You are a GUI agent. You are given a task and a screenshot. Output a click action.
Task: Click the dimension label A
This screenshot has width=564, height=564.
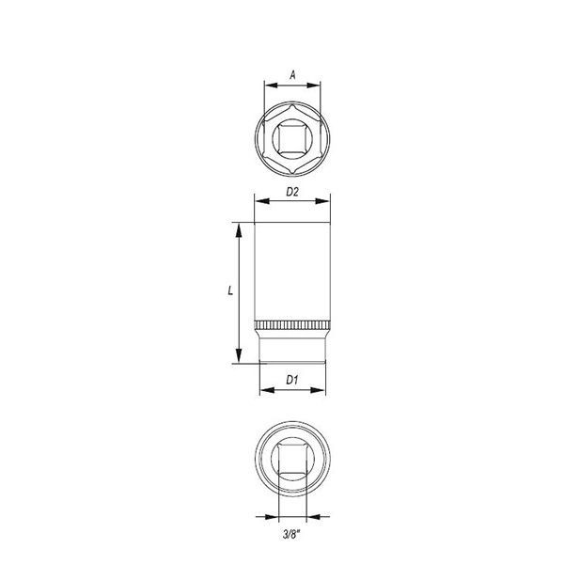[x=292, y=75]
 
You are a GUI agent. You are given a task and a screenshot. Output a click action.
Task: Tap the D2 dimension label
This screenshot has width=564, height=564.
[x=292, y=192]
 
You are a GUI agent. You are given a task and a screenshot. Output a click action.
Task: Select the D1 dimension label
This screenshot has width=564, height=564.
[x=292, y=380]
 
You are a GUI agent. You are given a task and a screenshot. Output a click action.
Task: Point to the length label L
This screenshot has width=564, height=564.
[x=230, y=290]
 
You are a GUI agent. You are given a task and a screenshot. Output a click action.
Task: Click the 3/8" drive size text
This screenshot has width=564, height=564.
[x=291, y=535]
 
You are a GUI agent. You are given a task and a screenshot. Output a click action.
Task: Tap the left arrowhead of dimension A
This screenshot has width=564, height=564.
[x=271, y=86]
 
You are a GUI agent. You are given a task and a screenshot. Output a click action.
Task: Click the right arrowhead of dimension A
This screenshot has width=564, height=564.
[x=313, y=86]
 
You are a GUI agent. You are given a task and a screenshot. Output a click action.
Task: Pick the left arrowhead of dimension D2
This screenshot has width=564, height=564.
[x=261, y=201]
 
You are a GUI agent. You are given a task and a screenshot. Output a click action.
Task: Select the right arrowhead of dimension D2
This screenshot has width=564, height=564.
[x=322, y=201]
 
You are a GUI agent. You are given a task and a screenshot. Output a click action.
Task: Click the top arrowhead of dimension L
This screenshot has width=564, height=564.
[x=239, y=230]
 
